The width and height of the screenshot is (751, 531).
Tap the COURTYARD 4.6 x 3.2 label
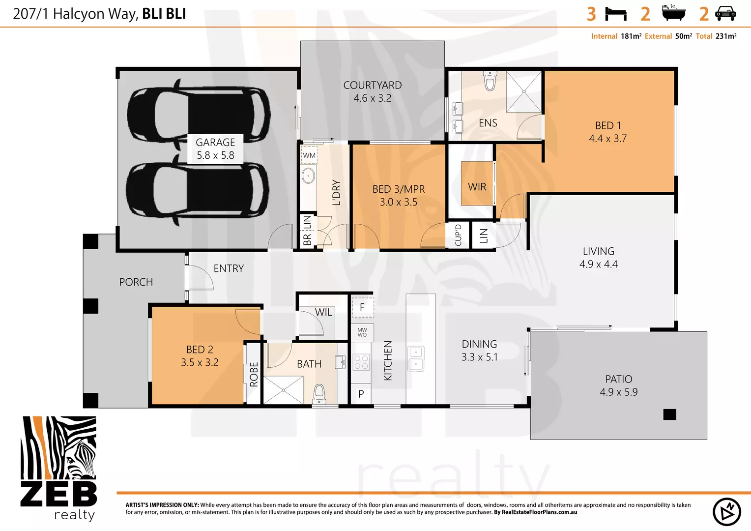click(x=372, y=92)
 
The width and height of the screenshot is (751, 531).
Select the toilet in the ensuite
click(x=490, y=81)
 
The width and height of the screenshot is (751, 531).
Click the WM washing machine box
click(x=309, y=155)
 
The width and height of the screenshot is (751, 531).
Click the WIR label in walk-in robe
click(x=477, y=187)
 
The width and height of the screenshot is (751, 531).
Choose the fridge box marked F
click(x=362, y=307)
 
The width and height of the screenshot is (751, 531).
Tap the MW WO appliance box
click(x=362, y=333)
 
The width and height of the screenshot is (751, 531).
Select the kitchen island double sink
click(x=416, y=358)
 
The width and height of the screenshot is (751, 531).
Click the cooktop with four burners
click(x=361, y=362)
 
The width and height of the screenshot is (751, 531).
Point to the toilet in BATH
click(x=319, y=393)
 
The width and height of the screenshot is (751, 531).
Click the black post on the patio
click(x=669, y=414)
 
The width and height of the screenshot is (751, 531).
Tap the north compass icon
click(x=726, y=512)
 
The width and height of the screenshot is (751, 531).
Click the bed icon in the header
click(x=615, y=14)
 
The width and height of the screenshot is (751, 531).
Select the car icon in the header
click(x=725, y=14)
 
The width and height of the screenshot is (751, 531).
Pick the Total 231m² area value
click(x=725, y=36)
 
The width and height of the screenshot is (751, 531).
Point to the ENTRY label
click(x=229, y=268)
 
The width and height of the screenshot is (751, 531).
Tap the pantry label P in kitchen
click(x=361, y=394)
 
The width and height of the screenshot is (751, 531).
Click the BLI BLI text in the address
click(x=164, y=14)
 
